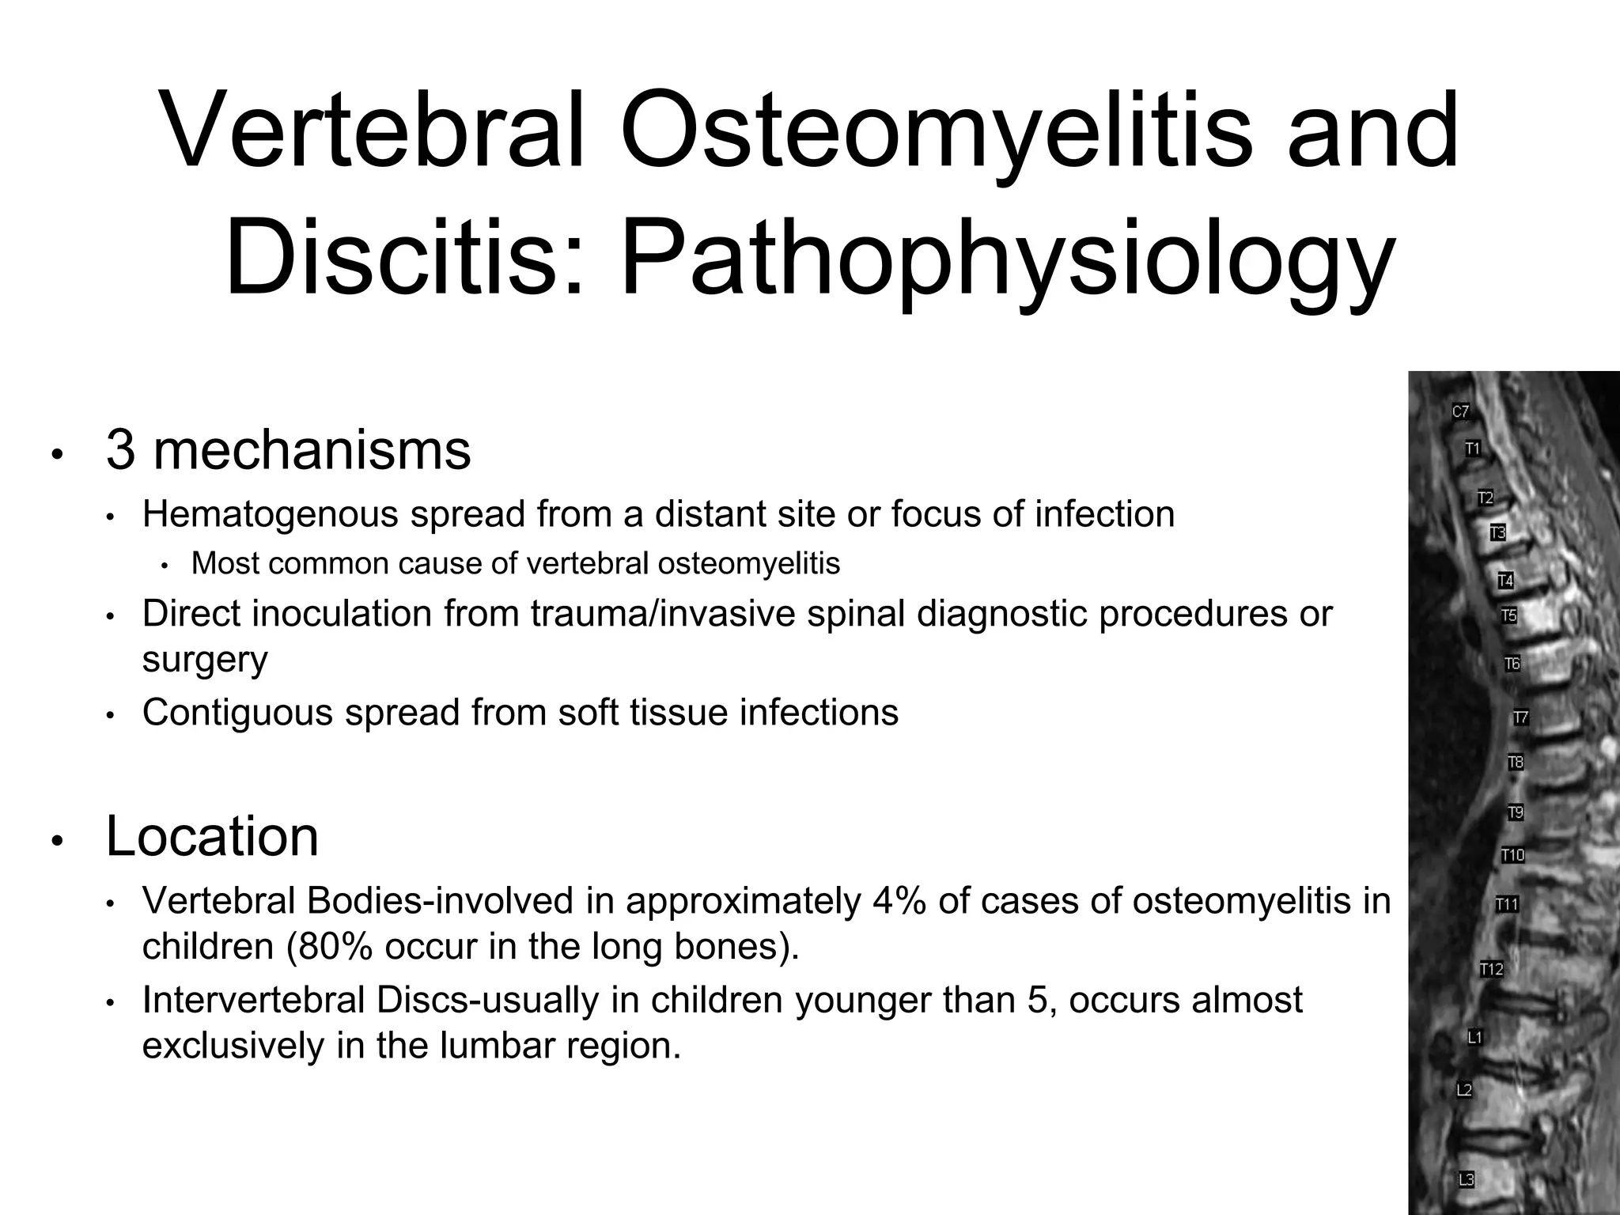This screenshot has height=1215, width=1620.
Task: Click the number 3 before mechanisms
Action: click(x=120, y=451)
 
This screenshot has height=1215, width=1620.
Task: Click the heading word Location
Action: click(x=212, y=837)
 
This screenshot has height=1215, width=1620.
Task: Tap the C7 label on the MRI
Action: click(x=1460, y=411)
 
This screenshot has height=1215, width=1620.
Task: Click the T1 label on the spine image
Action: click(x=1472, y=449)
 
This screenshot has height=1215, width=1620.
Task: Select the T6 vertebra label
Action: click(x=1512, y=664)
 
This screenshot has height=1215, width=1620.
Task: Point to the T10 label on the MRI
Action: click(x=1512, y=855)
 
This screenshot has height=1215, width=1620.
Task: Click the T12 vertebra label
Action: click(x=1491, y=969)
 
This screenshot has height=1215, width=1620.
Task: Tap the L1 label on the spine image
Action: click(x=1474, y=1037)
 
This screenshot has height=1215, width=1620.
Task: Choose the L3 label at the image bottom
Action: click(x=1466, y=1179)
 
